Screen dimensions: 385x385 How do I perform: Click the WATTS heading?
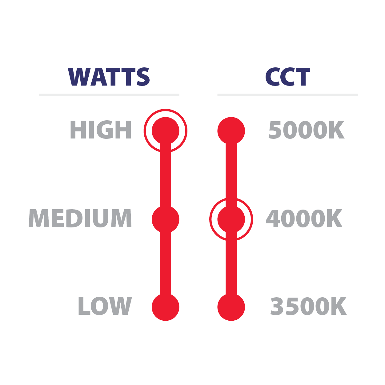[109, 77]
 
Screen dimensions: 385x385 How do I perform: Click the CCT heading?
[287, 77]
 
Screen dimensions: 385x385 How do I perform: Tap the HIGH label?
[101, 130]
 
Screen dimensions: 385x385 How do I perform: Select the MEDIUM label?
[80, 218]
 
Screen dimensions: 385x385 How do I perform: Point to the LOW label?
[105, 306]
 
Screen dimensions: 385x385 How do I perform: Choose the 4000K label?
[304, 219]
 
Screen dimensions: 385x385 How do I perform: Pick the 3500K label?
[308, 307]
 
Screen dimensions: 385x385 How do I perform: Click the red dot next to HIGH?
[166, 130]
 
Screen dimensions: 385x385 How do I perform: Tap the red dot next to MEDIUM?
[166, 219]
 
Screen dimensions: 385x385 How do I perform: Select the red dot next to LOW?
[166, 307]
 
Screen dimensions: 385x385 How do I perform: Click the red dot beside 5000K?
[231, 130]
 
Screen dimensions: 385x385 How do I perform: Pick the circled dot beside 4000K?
[231, 219]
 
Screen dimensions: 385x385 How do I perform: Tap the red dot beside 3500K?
[231, 307]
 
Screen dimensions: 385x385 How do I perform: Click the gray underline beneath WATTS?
[109, 95]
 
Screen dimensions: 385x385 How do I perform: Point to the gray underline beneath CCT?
[287, 95]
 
